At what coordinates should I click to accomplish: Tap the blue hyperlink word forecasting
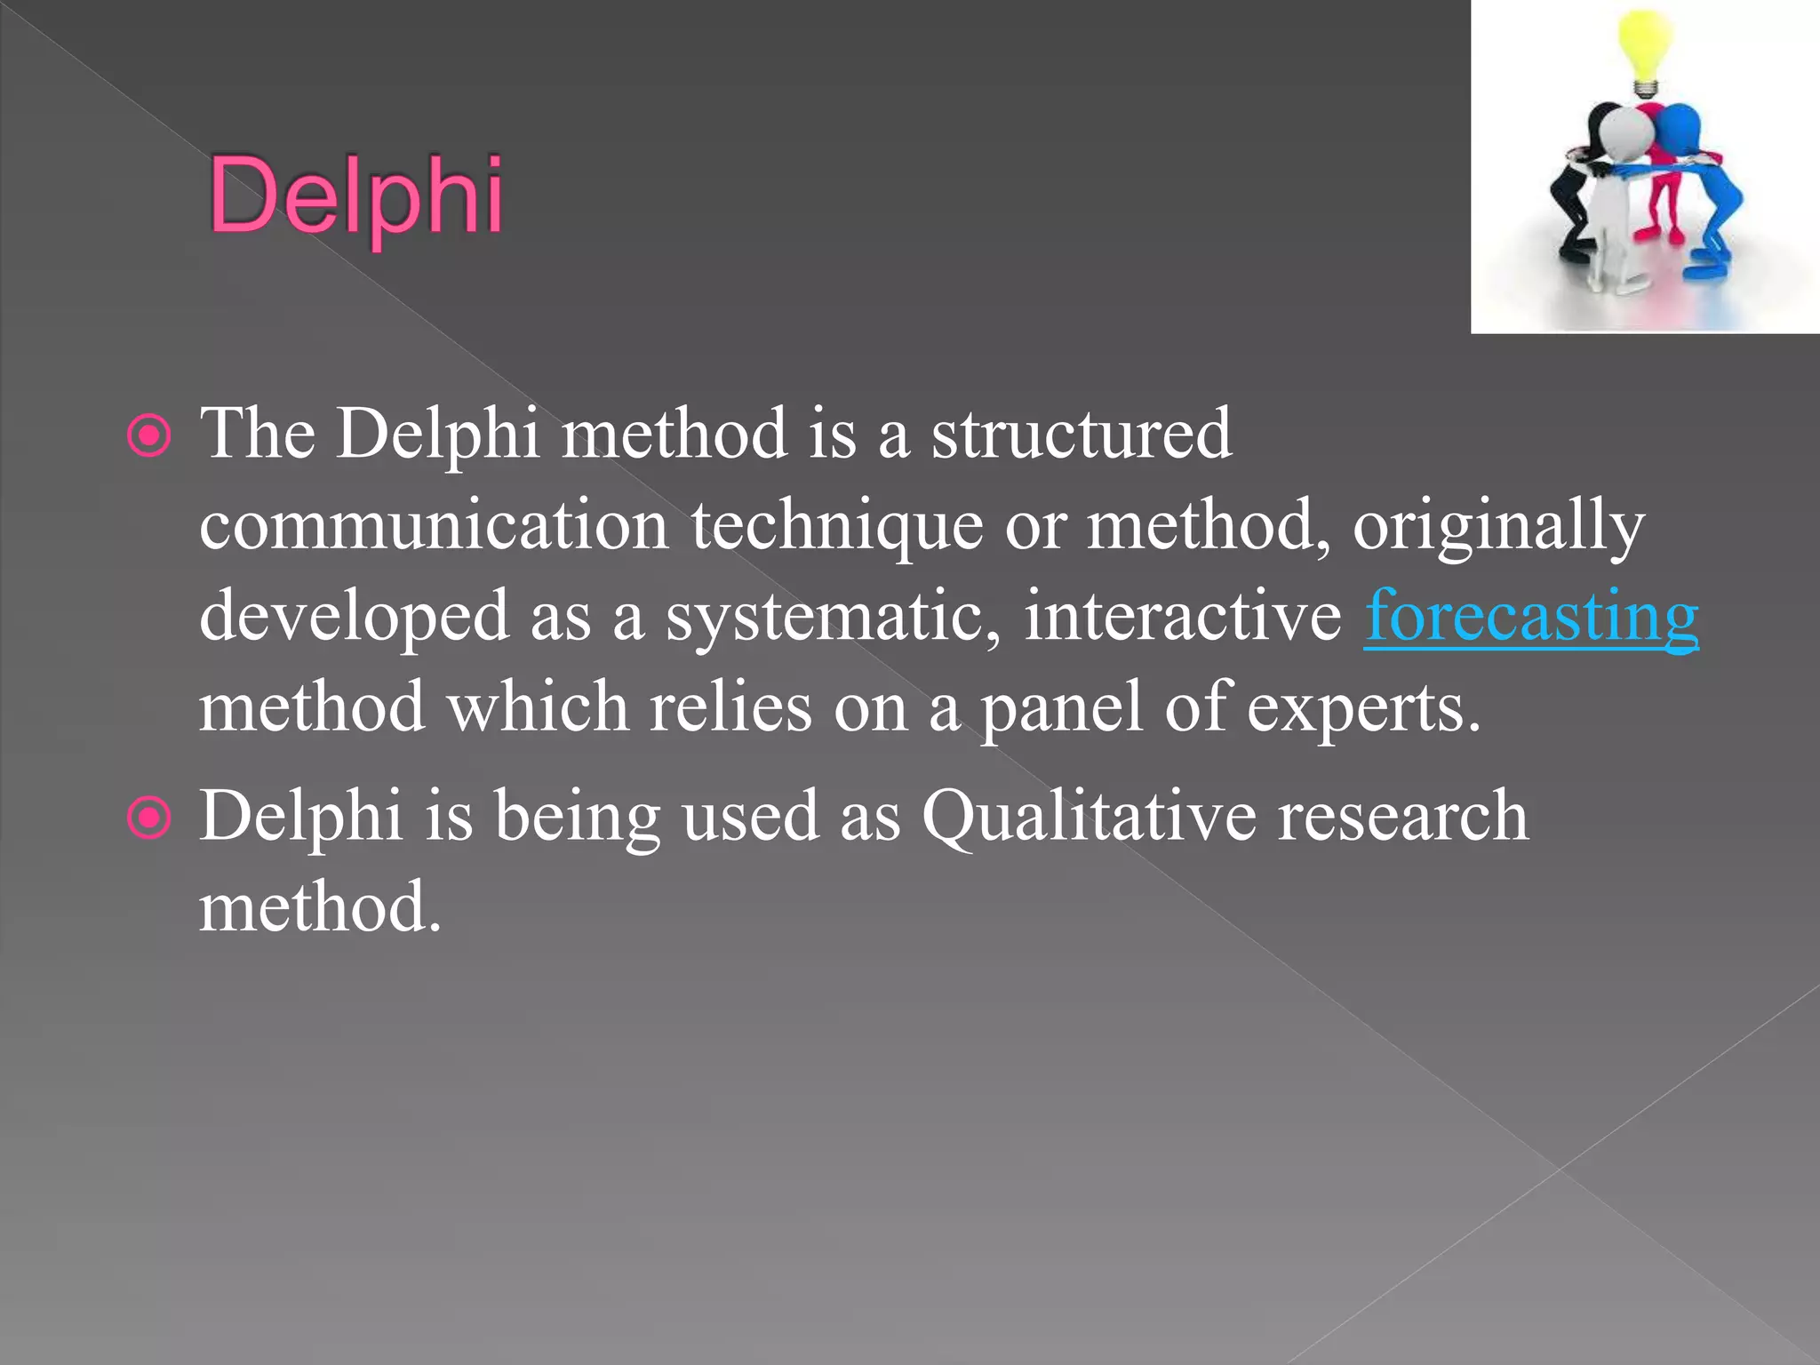pos(1530,616)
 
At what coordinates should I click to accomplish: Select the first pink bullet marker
pos(148,435)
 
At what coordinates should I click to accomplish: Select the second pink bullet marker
pos(148,818)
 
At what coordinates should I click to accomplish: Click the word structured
pos(1081,434)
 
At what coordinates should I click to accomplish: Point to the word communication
pos(434,525)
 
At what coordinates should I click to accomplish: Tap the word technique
pos(836,525)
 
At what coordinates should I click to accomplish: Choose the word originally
pos(1498,527)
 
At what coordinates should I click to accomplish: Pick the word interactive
pos(1182,616)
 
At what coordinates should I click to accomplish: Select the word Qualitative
pos(1090,817)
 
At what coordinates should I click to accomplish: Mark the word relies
pos(730,707)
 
